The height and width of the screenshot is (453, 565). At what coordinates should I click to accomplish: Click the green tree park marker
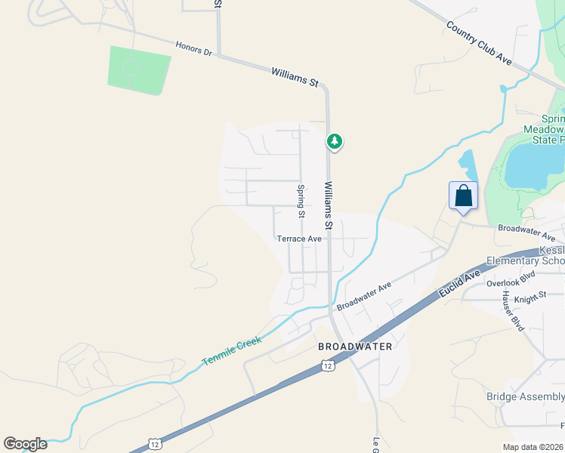[x=335, y=141]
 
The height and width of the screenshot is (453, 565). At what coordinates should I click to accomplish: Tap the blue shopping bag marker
[x=463, y=196]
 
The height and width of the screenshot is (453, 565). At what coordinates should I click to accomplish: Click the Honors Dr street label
[x=194, y=48]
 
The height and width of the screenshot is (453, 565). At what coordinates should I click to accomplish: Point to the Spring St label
[x=301, y=202]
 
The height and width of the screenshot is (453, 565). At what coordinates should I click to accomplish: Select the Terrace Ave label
[x=299, y=239]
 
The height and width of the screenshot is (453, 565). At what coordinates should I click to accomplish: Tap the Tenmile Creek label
[x=232, y=352]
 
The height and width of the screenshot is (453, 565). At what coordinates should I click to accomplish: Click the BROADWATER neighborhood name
[x=355, y=347]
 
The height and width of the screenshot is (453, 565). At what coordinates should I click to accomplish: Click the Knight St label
[x=529, y=299]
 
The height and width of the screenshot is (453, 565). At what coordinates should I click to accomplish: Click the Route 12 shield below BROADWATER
[x=326, y=366]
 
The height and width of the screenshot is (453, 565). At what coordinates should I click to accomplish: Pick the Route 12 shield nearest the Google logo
[x=154, y=442]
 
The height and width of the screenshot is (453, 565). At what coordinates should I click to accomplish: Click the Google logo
[x=25, y=444]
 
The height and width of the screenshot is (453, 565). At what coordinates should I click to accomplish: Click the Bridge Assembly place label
[x=525, y=397]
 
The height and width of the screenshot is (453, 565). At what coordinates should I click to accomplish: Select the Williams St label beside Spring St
[x=329, y=205]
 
